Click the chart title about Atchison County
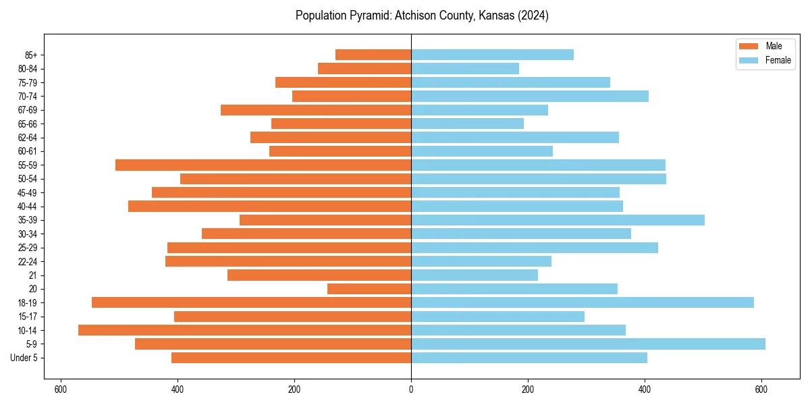pos(422,16)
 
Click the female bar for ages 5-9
pos(588,344)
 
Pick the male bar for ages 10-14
pos(244,330)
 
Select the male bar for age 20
pos(369,289)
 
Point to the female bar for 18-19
pos(583,302)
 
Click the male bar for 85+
pos(373,55)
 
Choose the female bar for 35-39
pos(558,220)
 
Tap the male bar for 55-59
pos(263,165)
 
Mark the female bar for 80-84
pos(465,68)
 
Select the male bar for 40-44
pos(269,206)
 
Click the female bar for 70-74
pos(530,96)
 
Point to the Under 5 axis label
pos(24,358)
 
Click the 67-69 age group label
pos(28,110)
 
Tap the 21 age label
pos(33,275)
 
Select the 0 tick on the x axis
pos(411,389)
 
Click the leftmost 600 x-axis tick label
pos(61,389)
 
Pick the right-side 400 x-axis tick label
pos(645,389)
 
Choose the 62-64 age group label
pos(28,138)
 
